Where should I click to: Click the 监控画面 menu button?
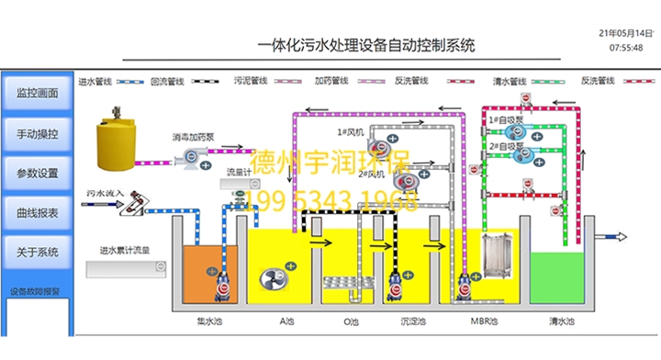[38, 93]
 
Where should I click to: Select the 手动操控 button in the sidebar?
[38, 133]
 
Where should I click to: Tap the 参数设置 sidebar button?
[38, 173]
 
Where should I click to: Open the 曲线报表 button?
[38, 212]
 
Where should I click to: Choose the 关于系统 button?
[38, 252]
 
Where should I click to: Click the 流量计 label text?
[237, 171]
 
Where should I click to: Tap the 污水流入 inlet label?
[104, 194]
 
